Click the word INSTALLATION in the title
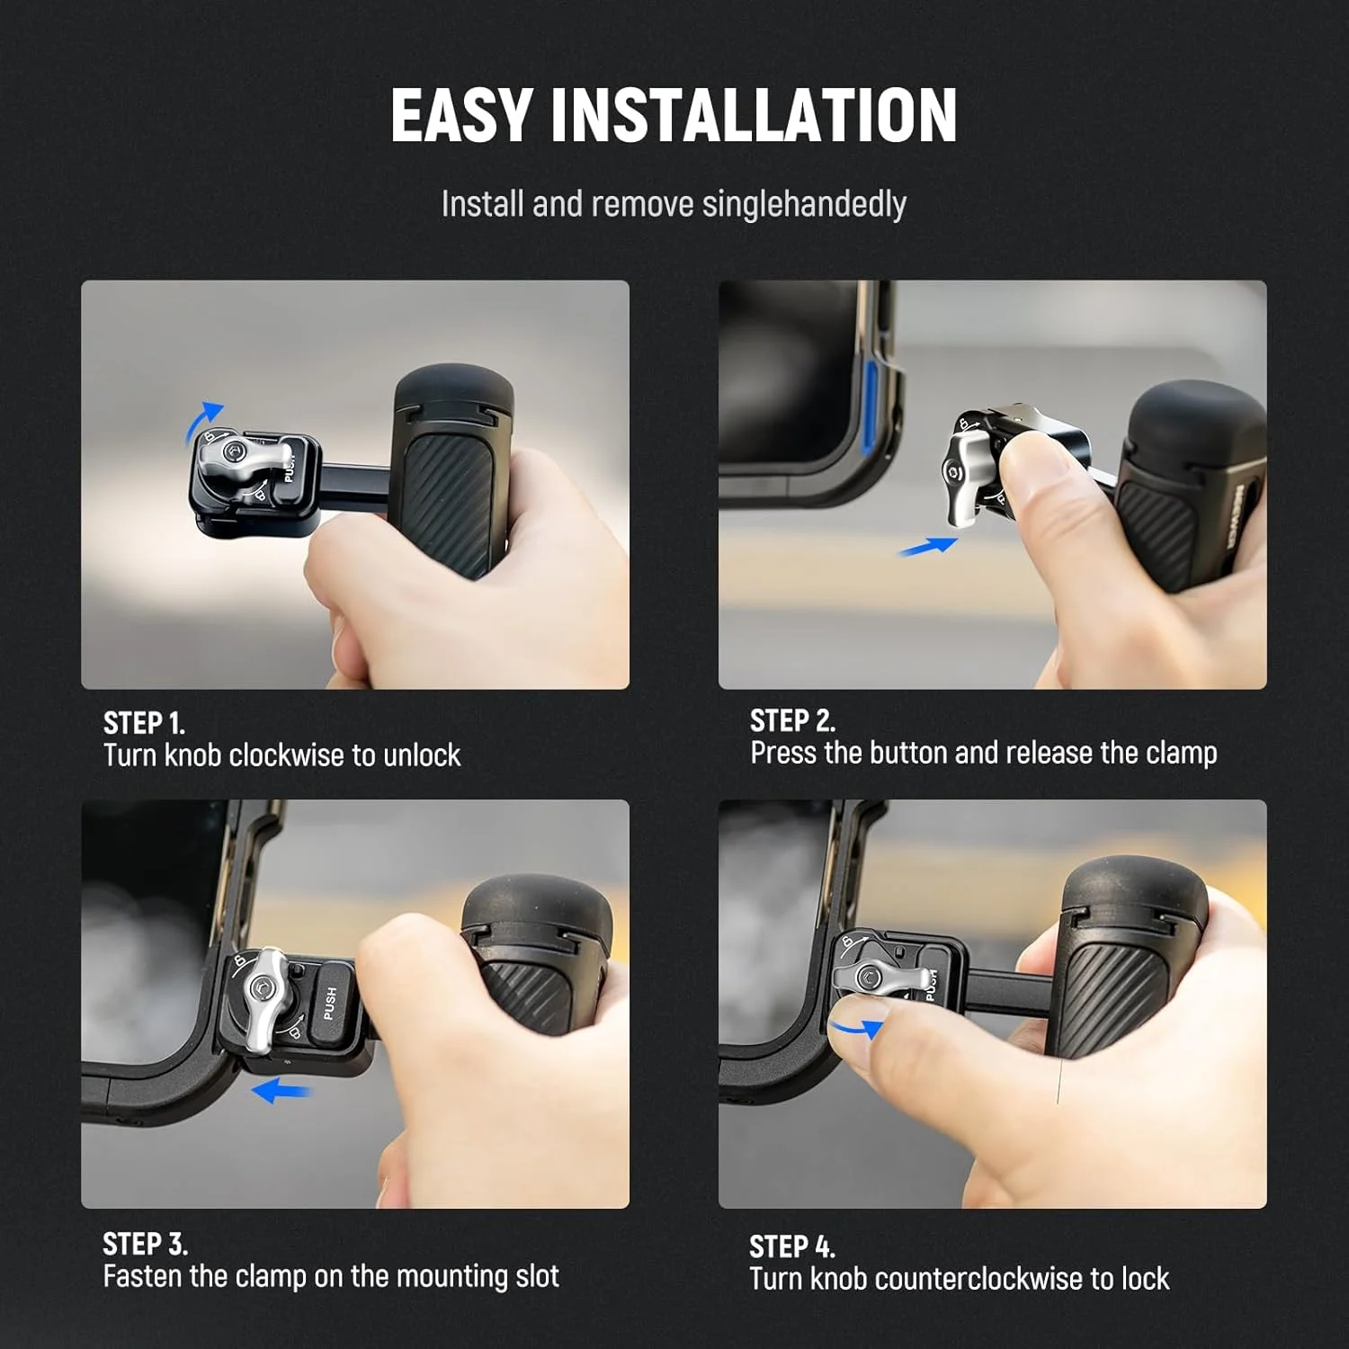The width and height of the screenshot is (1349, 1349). click(x=754, y=115)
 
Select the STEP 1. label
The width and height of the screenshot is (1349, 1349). click(x=144, y=723)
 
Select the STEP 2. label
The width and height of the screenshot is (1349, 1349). click(x=792, y=720)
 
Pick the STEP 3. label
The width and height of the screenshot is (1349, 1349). click(x=145, y=1244)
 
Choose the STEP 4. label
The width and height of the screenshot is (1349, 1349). click(x=791, y=1246)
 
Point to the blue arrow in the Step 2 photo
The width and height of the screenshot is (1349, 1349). click(x=927, y=546)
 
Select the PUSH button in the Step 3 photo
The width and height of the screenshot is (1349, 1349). click(x=331, y=1002)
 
